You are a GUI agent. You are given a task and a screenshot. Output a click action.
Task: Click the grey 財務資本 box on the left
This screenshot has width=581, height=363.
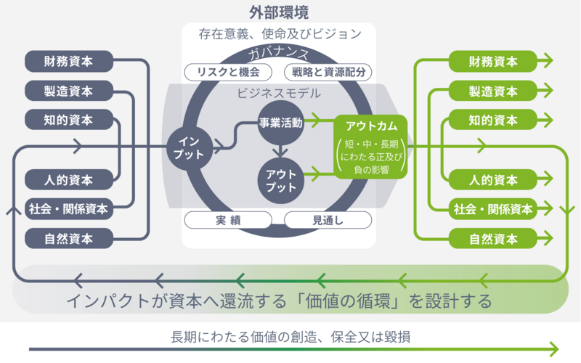[x=69, y=61]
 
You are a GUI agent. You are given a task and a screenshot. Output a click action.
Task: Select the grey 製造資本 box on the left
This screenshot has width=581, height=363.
[x=69, y=91]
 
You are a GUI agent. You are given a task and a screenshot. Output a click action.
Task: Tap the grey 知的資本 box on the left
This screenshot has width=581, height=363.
[x=69, y=120]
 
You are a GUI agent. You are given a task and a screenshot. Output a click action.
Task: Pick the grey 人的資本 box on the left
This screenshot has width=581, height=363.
[x=69, y=179]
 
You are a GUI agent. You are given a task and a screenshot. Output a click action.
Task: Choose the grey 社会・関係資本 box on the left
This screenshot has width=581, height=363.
[x=69, y=209]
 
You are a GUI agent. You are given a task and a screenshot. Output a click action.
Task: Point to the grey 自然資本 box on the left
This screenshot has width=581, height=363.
[x=69, y=238]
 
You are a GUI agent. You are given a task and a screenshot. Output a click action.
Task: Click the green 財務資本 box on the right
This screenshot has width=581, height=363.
[x=493, y=61]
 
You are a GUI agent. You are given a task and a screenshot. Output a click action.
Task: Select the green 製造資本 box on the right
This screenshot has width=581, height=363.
[x=493, y=91]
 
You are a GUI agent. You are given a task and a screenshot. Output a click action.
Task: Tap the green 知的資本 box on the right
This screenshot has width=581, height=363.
[x=493, y=120]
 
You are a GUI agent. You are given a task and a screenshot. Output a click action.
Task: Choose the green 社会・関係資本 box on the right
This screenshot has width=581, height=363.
[x=493, y=209]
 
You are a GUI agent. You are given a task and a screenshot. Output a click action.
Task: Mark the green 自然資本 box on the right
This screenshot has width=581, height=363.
[x=493, y=238]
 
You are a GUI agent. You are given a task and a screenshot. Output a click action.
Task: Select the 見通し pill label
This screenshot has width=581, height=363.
[x=328, y=220]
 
